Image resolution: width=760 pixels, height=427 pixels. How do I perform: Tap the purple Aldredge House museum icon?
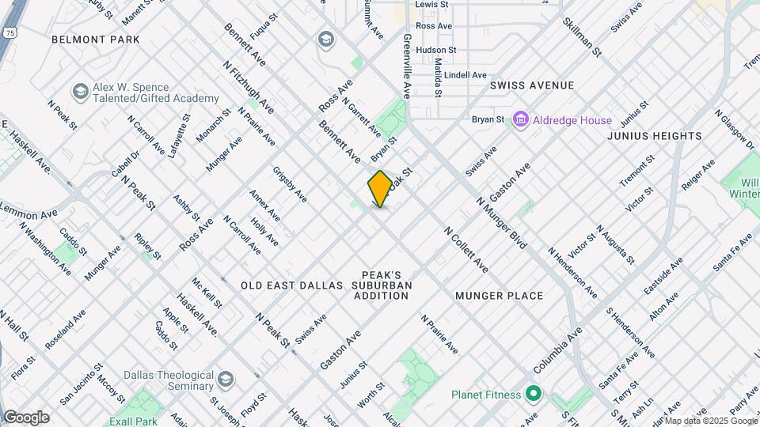(x=521, y=120)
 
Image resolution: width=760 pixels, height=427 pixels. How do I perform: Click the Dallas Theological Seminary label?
(x=168, y=380)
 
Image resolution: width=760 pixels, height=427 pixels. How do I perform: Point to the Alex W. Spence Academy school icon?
(x=80, y=92)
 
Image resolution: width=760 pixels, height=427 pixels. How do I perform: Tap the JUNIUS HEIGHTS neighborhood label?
(x=654, y=136)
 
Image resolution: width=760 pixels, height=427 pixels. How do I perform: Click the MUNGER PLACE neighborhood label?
(x=500, y=296)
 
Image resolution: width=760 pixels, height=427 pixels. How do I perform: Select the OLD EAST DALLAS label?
(x=291, y=285)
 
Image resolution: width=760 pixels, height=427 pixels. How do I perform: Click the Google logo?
(x=26, y=418)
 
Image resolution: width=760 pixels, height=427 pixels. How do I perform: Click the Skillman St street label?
(x=583, y=33)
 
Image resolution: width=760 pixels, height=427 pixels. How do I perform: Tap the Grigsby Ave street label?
(x=289, y=183)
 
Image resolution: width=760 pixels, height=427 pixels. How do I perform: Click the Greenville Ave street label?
(x=407, y=65)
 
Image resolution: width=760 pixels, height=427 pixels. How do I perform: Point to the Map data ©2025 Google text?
(x=711, y=420)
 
